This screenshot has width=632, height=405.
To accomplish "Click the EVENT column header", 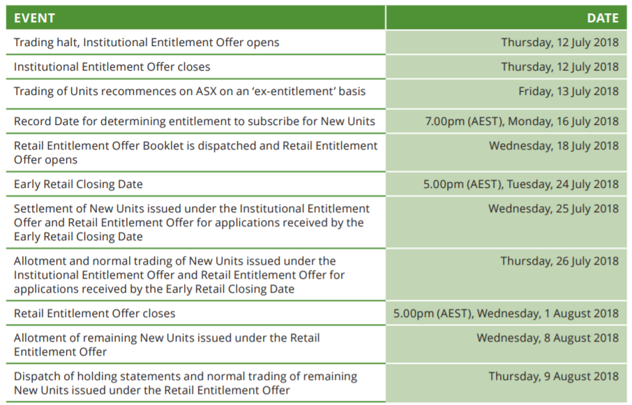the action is (x=34, y=18).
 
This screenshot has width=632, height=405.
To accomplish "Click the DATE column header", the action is (x=603, y=18).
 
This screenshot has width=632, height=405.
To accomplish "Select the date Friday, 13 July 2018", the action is (x=569, y=91).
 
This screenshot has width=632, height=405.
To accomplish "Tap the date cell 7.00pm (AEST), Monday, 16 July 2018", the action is (x=522, y=121).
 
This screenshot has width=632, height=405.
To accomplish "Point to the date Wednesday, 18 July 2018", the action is (x=554, y=146).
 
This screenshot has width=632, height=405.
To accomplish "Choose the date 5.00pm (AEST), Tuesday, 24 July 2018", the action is (x=521, y=184).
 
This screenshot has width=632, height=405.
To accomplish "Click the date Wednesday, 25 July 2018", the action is (x=553, y=209).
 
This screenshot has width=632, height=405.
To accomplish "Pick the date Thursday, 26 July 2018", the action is (x=559, y=261).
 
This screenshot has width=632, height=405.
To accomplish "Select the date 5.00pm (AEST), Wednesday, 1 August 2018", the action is (x=506, y=314).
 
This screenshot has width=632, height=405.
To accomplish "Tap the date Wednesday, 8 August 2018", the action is (x=548, y=338).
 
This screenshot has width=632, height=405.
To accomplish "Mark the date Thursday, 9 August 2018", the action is (x=553, y=377).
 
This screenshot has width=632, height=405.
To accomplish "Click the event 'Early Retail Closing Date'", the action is (x=78, y=184).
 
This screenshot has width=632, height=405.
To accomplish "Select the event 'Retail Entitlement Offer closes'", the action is (x=94, y=314).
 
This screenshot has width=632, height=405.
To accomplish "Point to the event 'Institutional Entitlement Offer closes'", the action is (x=112, y=67).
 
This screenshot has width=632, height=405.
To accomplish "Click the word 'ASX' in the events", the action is (x=206, y=91).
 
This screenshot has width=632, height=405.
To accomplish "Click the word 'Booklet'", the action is (x=163, y=146).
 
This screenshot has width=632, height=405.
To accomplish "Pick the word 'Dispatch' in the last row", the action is (x=33, y=377).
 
